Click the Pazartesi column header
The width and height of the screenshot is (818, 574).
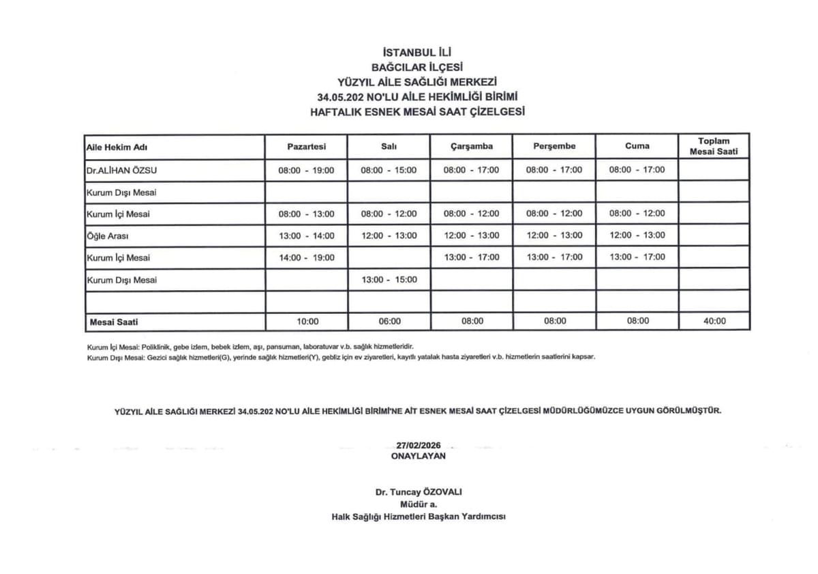click(306, 146)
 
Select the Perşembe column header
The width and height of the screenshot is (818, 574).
click(554, 146)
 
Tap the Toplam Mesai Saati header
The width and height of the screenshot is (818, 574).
click(714, 146)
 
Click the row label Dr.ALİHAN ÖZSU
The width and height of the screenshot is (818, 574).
click(121, 170)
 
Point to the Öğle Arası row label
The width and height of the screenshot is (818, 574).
click(107, 236)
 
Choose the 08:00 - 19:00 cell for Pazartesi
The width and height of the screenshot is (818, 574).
click(306, 170)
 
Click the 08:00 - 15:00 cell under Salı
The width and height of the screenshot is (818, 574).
click(389, 170)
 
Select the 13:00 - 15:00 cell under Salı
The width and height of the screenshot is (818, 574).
click(389, 279)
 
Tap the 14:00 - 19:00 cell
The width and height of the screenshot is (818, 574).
click(306, 257)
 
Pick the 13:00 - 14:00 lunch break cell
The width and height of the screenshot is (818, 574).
click(306, 235)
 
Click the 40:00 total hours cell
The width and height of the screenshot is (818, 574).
click(714, 321)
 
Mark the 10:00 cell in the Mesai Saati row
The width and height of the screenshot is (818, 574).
click(306, 321)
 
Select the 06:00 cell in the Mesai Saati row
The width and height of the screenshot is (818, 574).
click(389, 321)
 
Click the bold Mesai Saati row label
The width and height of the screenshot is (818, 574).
click(114, 321)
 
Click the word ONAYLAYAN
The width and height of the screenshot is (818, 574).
click(418, 456)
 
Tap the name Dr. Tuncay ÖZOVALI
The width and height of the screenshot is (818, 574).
click(418, 492)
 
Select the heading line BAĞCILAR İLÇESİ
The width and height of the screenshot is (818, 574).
click(418, 67)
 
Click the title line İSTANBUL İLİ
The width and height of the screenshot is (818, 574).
click(418, 52)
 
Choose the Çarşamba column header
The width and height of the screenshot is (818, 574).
click(471, 146)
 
